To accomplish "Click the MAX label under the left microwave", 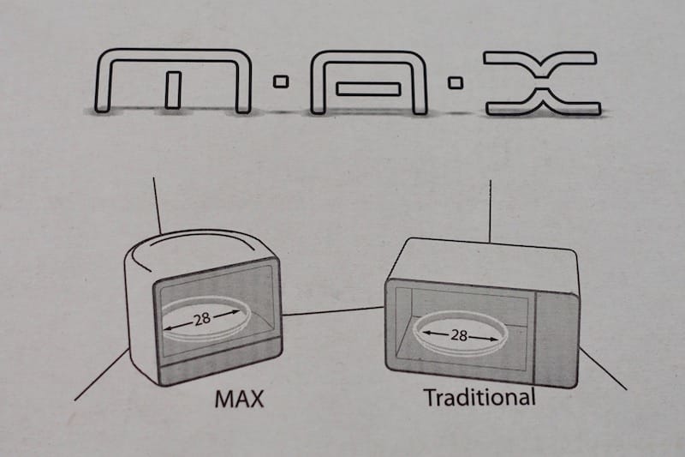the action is click(240, 399).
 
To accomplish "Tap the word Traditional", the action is click(480, 397).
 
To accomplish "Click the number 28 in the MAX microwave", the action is click(202, 319).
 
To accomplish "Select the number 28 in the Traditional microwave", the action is click(459, 335).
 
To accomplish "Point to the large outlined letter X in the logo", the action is click(542, 83).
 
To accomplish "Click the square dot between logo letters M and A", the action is click(281, 81).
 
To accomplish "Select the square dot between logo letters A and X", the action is click(456, 82).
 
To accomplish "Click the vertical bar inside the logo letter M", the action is click(173, 90).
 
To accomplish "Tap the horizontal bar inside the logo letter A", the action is click(368, 89).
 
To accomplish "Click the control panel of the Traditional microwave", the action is click(556, 340).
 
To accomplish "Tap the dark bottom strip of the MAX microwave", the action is click(221, 364).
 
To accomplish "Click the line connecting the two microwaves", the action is click(333, 311).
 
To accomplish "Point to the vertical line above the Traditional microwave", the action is click(490, 211).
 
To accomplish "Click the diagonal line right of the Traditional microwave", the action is click(603, 368).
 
